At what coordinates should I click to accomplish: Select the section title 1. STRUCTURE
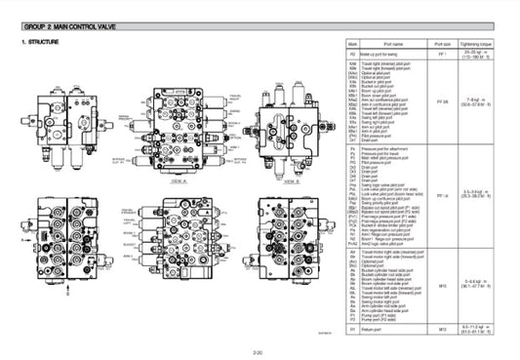(42, 43)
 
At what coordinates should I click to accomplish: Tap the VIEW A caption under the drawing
(179, 154)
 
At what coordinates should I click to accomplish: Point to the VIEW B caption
(279, 154)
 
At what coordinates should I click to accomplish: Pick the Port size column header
(445, 45)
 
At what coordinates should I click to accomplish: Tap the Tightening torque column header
(483, 45)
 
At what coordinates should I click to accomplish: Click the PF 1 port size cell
(445, 56)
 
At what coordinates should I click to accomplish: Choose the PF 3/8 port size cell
(445, 100)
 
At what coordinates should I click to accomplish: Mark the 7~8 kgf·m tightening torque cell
(483, 100)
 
